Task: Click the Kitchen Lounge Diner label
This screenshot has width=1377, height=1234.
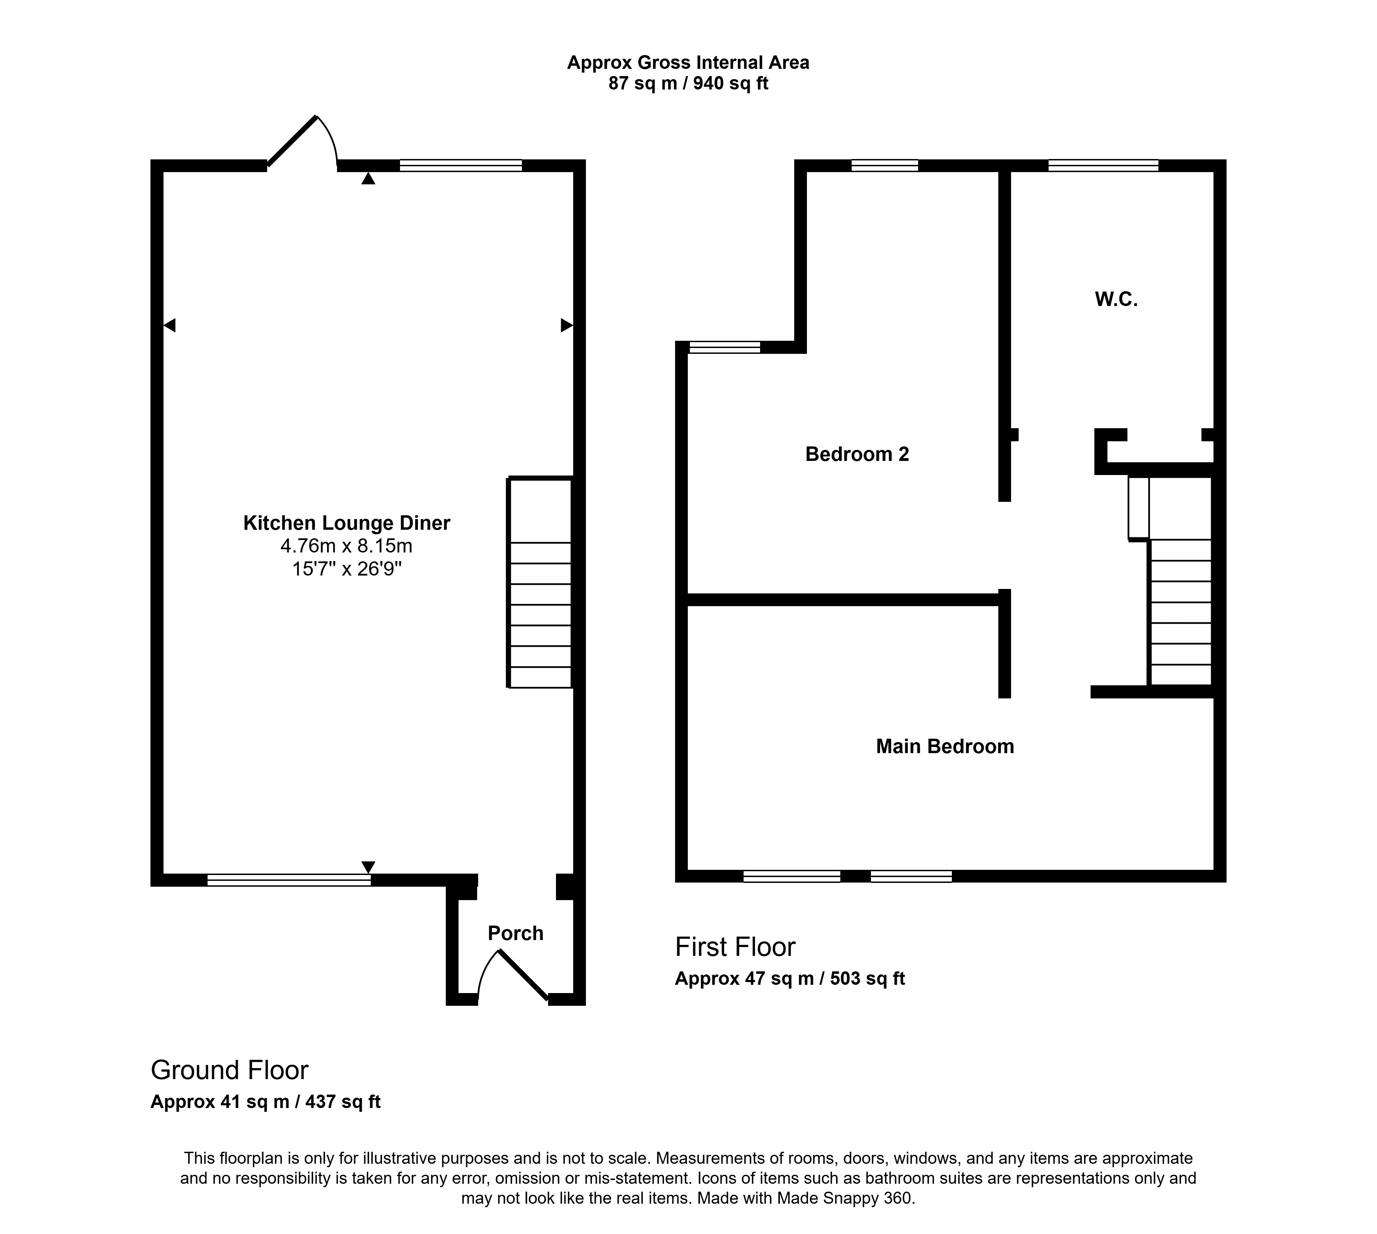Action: (346, 523)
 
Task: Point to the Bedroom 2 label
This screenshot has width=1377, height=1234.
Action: (857, 454)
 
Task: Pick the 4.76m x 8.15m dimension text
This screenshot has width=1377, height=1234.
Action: (346, 545)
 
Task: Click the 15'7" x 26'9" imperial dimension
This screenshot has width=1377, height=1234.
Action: (346, 568)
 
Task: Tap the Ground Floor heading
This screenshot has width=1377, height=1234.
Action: (229, 1070)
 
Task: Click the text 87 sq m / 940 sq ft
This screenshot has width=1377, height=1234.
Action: (688, 83)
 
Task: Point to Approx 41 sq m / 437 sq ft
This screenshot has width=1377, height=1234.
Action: (265, 1102)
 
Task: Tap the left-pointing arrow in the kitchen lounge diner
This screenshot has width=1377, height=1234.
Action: (169, 325)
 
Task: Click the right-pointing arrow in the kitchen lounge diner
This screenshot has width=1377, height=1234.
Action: (567, 325)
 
